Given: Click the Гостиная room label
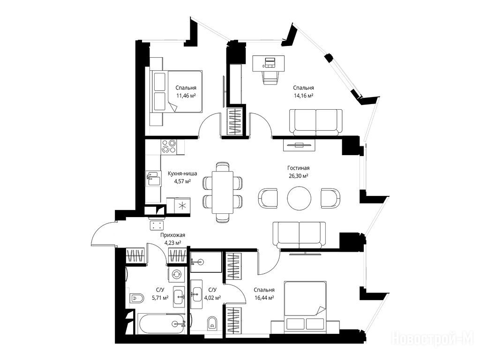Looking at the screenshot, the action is coord(298,168).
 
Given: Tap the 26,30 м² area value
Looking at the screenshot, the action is coord(298,176).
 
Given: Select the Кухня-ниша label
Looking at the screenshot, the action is coord(182,173).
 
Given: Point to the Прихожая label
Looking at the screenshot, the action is coord(172,235).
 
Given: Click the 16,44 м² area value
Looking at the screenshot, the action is coord(264,298).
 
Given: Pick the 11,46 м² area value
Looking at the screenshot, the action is coord(186,96).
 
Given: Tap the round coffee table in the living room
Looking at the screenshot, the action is coord(299,198).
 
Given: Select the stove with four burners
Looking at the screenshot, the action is coord(169,146).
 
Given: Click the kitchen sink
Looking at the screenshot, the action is coord(154,178).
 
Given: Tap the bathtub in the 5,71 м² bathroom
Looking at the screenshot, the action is coord(161,324).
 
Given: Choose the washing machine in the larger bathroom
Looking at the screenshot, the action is coord(176,274).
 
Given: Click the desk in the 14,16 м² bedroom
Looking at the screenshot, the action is coord(269,63).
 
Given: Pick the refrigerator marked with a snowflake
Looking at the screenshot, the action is coord(182,205).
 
